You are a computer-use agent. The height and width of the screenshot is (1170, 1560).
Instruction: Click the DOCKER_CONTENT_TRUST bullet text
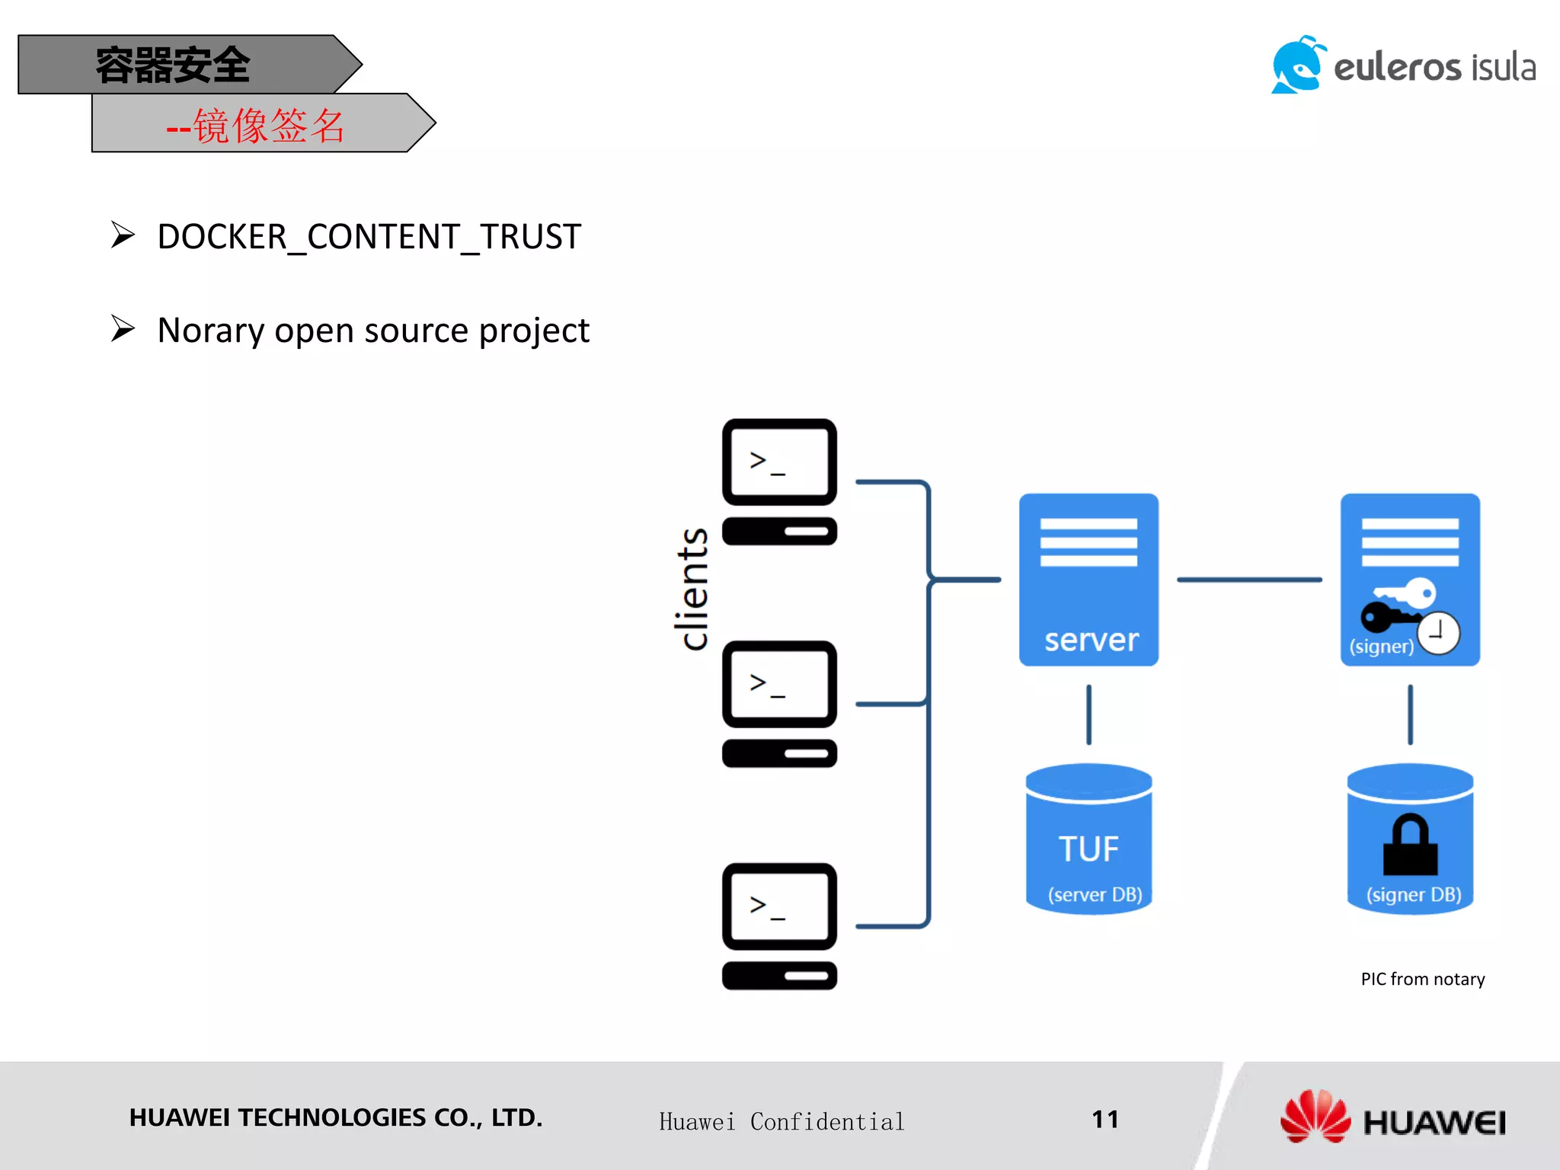click(369, 237)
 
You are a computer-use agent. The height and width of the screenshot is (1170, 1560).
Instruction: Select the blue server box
click(1088, 580)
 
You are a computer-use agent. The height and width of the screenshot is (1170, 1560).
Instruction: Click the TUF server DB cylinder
click(1088, 839)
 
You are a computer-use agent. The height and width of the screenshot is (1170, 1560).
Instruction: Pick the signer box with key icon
click(1410, 580)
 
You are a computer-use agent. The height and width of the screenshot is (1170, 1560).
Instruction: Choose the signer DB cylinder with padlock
click(1410, 839)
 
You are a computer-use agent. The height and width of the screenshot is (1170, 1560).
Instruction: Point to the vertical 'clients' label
click(692, 589)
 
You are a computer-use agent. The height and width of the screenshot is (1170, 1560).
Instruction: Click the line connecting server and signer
click(1249, 580)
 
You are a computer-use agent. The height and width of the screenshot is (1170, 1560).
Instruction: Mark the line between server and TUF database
click(1088, 714)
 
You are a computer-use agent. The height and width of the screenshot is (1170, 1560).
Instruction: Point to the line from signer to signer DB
click(1410, 714)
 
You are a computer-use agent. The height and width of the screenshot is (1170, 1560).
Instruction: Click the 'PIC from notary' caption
click(1422, 980)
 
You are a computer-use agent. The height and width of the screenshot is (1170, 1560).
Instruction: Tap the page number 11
click(1105, 1119)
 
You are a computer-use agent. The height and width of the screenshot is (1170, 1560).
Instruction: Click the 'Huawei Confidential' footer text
click(782, 1122)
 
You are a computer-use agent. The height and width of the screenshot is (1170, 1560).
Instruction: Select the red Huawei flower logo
click(1315, 1117)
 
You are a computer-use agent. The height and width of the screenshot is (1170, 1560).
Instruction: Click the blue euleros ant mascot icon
click(1298, 66)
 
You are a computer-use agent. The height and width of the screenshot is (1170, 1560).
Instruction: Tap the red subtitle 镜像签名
click(269, 126)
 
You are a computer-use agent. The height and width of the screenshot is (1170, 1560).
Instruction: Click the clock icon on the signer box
click(1438, 632)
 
